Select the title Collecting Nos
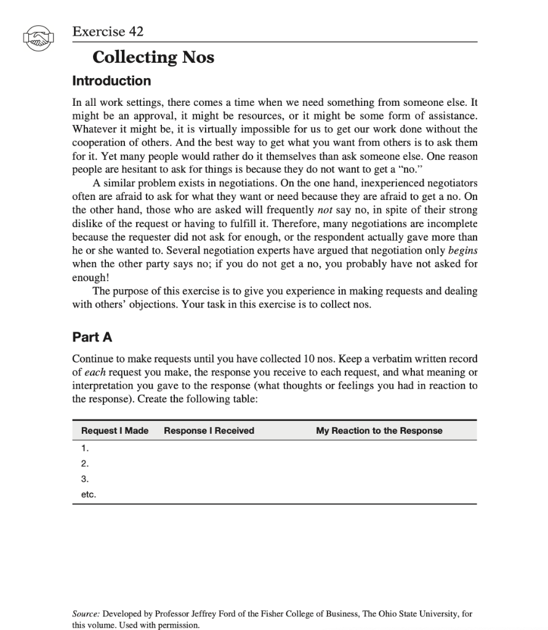(x=153, y=57)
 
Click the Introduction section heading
(x=111, y=81)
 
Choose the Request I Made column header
(x=115, y=431)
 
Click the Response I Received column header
(x=209, y=431)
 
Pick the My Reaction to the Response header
(x=379, y=431)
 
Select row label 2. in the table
(x=85, y=463)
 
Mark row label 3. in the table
(x=85, y=479)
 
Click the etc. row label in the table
(x=89, y=494)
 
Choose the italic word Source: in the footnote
(x=86, y=614)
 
